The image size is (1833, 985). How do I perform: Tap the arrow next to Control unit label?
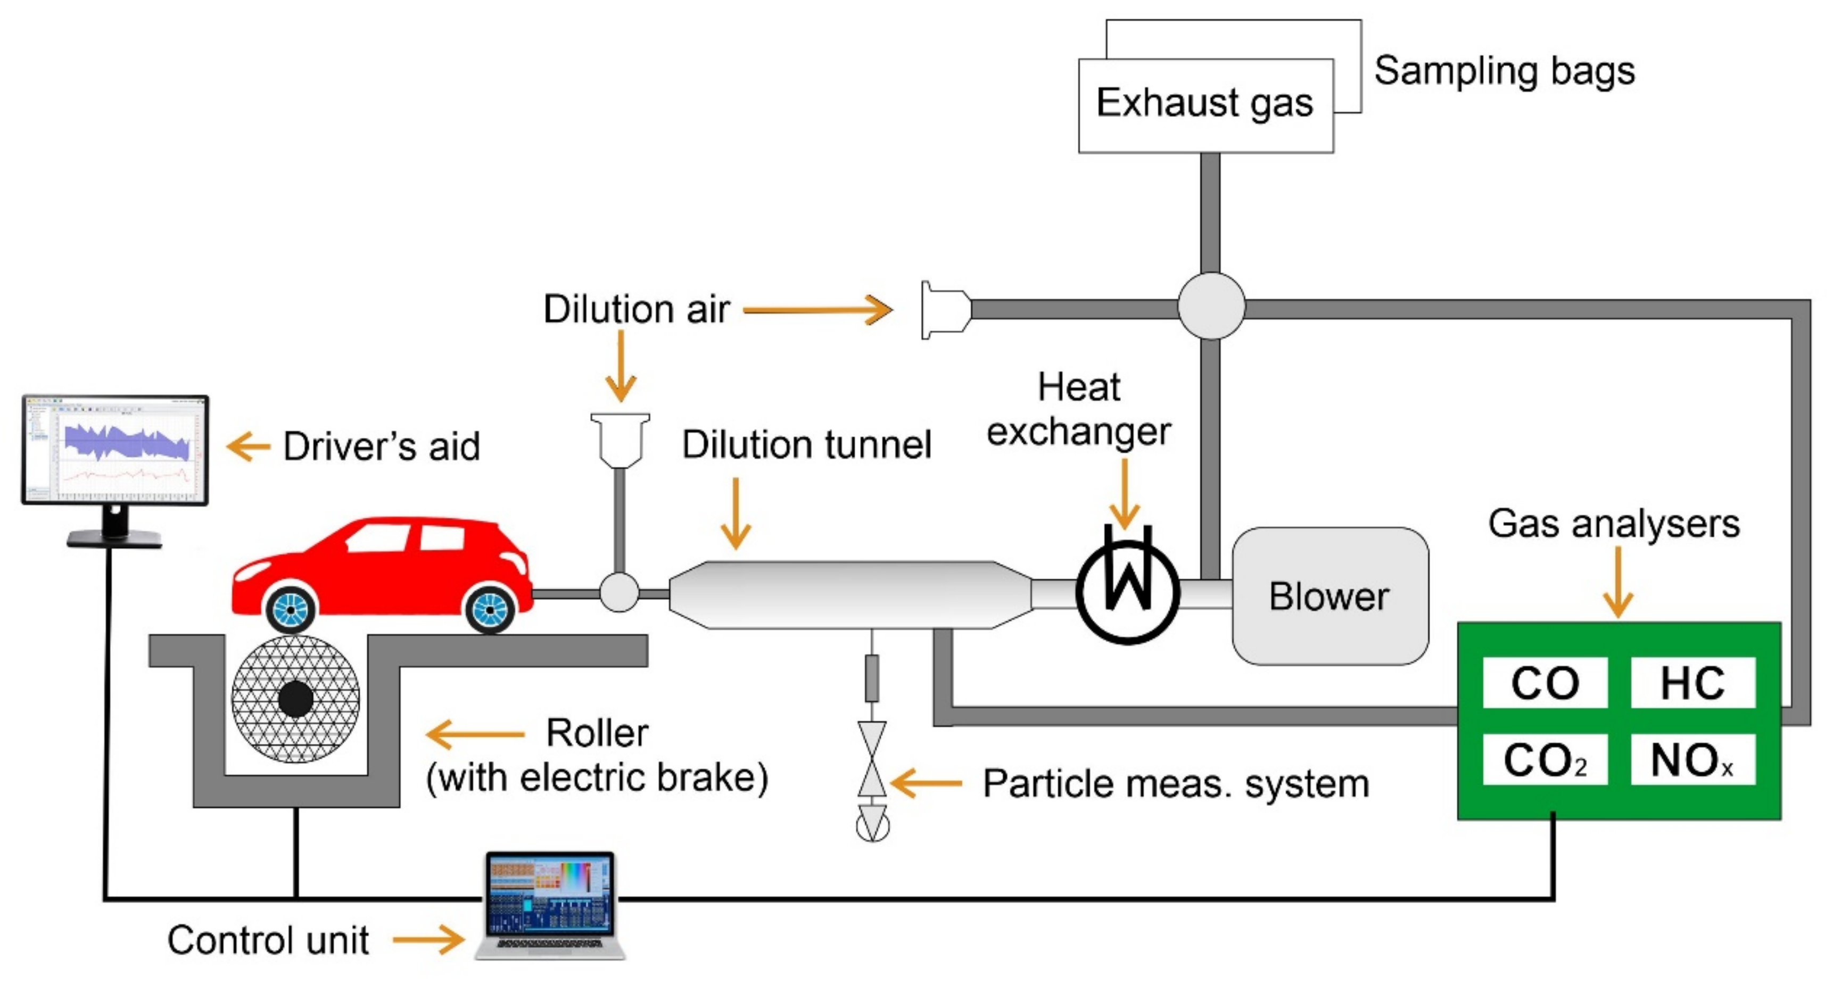pyautogui.click(x=428, y=939)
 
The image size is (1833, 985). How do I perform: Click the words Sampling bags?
pyautogui.click(x=1504, y=71)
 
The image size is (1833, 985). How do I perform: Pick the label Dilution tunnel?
pyautogui.click(x=806, y=445)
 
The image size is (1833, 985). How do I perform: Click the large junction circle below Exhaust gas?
pyautogui.click(x=1210, y=306)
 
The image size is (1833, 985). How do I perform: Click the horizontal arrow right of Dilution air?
pyautogui.click(x=819, y=310)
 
